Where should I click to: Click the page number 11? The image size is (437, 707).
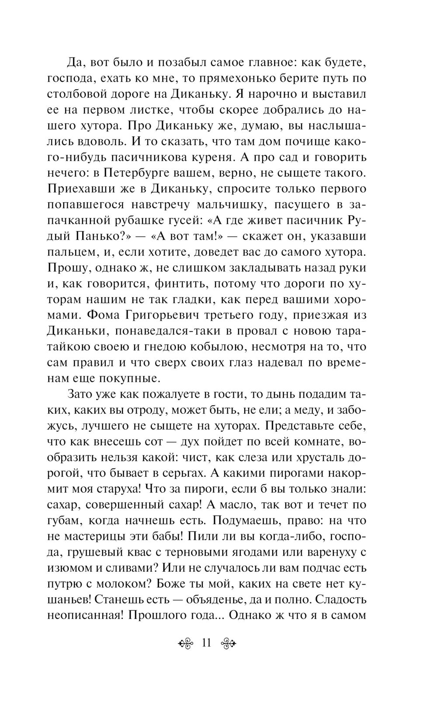(x=206, y=643)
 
